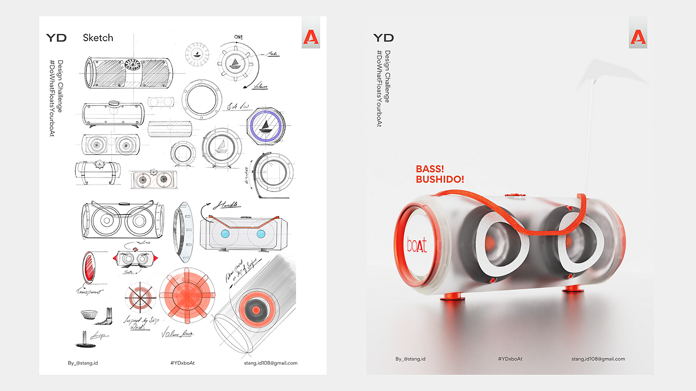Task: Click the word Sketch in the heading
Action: point(98,38)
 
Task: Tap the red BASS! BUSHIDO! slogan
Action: point(439,174)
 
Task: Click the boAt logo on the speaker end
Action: point(417,245)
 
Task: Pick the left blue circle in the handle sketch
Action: point(224,234)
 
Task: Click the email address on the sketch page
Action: point(270,363)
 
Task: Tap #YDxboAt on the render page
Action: point(510,359)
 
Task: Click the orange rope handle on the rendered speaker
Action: point(522,219)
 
